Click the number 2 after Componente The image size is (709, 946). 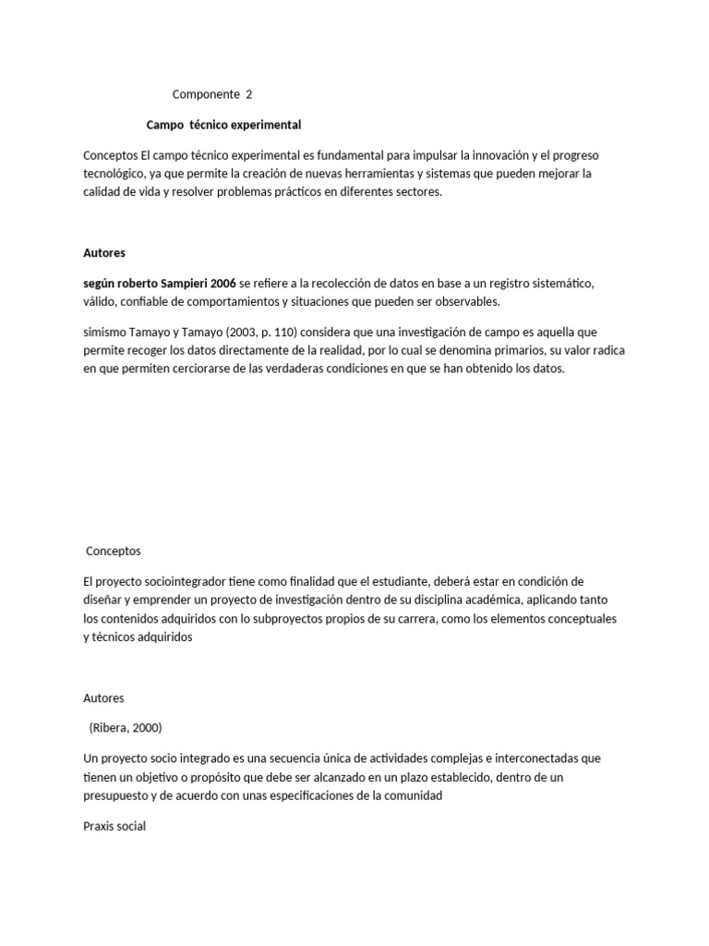coord(248,94)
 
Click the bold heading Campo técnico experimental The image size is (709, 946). coord(224,124)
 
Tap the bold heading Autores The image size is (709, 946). coord(104,251)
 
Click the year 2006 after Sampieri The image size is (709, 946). coord(222,282)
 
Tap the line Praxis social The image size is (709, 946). coord(114,827)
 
